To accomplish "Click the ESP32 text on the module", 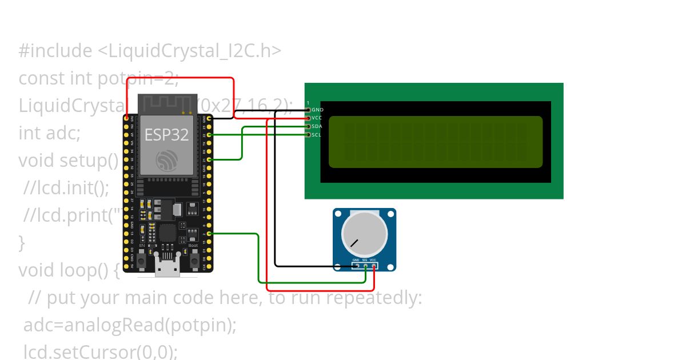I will coord(166,135).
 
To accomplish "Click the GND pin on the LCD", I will coord(309,109).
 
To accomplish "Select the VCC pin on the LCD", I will coord(309,118).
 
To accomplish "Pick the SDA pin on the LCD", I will coord(309,126).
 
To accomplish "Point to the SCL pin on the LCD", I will coord(309,135).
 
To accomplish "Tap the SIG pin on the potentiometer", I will coord(365,266).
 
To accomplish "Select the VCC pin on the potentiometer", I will coord(373,266).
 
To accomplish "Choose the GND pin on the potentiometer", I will coord(356,266).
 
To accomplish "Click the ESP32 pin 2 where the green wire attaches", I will coord(210,234).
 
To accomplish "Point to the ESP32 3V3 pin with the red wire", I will coord(126,118).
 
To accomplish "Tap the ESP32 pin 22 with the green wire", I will coord(210,135).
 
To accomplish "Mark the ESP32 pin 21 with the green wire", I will coord(210,159).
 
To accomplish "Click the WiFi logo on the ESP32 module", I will coord(168,159).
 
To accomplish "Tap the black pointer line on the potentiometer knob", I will coord(354,242).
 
